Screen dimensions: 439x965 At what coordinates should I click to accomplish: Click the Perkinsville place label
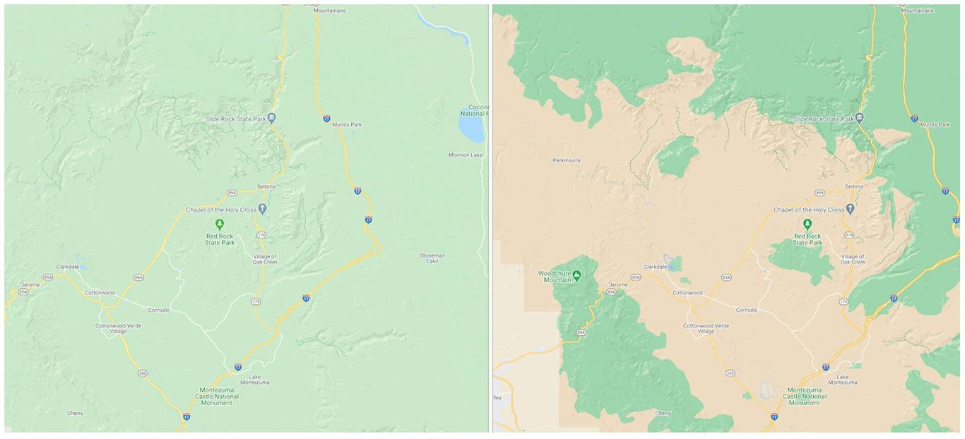(x=567, y=160)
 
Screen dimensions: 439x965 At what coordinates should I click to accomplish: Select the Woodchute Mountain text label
(x=554, y=276)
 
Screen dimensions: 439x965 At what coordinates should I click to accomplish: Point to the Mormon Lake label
(x=466, y=155)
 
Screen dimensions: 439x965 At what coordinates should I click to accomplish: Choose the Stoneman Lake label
(x=432, y=258)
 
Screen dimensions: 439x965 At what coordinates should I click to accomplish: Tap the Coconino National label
(x=473, y=109)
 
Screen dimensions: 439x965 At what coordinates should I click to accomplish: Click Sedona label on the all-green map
(x=266, y=186)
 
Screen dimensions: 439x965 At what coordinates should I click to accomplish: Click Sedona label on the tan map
(x=854, y=186)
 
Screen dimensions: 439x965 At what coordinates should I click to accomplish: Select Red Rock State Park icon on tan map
(x=807, y=223)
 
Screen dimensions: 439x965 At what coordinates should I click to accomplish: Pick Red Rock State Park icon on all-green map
(x=220, y=223)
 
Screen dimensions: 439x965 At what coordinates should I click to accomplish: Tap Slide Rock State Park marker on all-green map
(x=271, y=118)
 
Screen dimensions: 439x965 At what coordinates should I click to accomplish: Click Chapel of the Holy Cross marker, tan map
(x=851, y=209)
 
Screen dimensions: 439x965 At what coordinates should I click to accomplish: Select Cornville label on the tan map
(x=747, y=310)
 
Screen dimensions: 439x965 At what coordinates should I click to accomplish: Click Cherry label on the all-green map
(x=75, y=413)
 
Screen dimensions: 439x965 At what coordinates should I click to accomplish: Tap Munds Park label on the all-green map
(x=347, y=124)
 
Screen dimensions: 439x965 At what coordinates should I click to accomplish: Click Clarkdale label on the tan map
(x=656, y=267)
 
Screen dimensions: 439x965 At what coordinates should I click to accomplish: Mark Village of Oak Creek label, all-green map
(x=265, y=259)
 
